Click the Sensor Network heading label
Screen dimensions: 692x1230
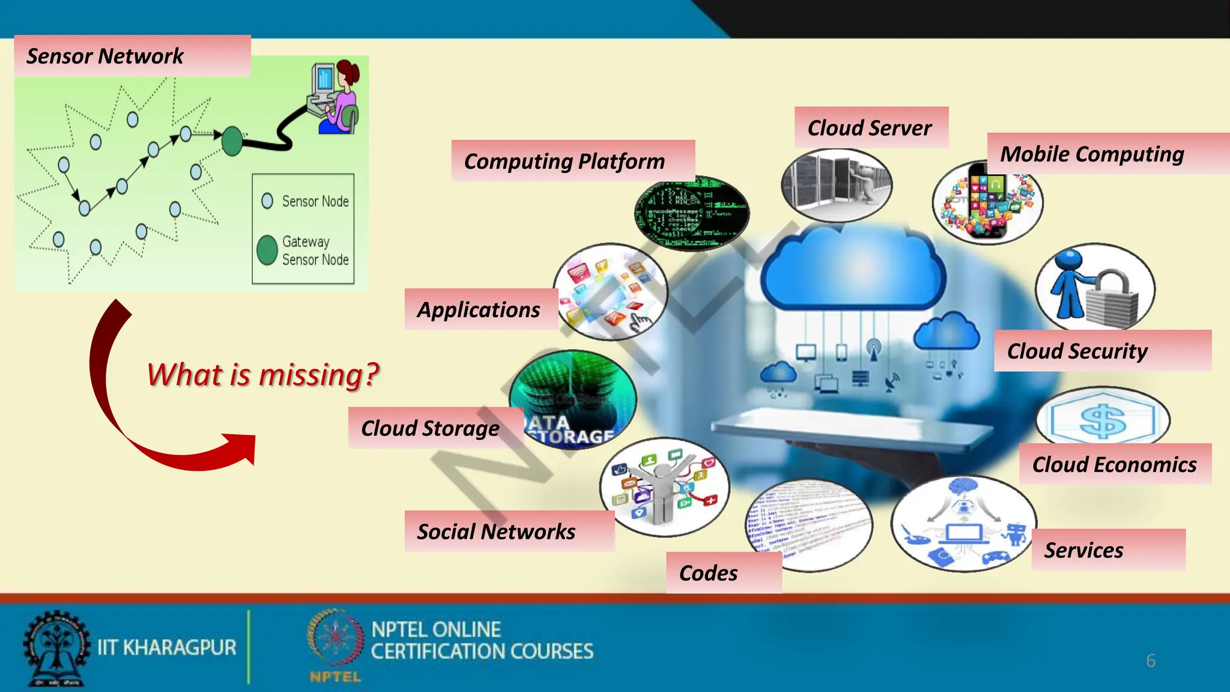pyautogui.click(x=105, y=56)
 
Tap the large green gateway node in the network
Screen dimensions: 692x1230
pyautogui.click(x=232, y=141)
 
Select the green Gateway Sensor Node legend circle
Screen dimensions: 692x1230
pyautogui.click(x=267, y=250)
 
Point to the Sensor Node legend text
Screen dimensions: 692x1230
pyautogui.click(x=315, y=201)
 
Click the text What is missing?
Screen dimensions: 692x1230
pyautogui.click(x=263, y=375)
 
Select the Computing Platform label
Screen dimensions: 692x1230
pyautogui.click(x=565, y=161)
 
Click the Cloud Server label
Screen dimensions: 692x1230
pyautogui.click(x=869, y=127)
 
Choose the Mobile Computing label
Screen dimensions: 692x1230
pyautogui.click(x=1092, y=154)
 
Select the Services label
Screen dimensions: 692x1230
pyautogui.click(x=1083, y=550)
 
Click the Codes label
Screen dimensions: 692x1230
pyautogui.click(x=709, y=573)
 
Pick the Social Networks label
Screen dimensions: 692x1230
pyautogui.click(x=496, y=531)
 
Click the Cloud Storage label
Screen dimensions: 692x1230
pyautogui.click(x=430, y=428)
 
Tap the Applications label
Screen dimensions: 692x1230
pyautogui.click(x=479, y=309)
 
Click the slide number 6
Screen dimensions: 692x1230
pyautogui.click(x=1150, y=661)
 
